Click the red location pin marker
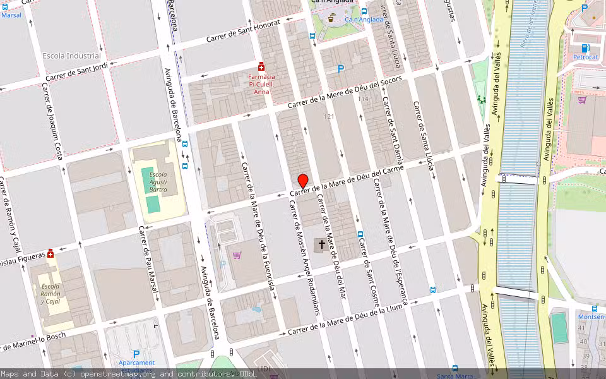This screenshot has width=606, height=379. click(302, 181)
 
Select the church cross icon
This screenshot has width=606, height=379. click(322, 243)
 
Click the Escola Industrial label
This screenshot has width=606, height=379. click(71, 56)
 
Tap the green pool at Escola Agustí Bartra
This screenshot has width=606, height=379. click(152, 203)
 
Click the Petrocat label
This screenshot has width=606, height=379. click(585, 57)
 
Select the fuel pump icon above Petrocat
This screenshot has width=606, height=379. click(585, 47)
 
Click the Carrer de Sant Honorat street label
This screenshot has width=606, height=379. click(234, 35)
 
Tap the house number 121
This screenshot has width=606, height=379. click(328, 117)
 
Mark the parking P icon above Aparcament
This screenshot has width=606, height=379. click(135, 354)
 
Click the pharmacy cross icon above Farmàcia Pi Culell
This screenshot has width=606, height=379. click(261, 67)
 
